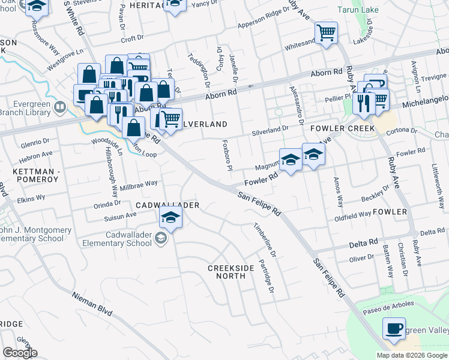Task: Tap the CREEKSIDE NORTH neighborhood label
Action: point(227,272)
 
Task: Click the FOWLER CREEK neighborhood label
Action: point(343,129)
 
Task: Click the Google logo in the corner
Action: point(20,353)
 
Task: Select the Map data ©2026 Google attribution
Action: point(412,355)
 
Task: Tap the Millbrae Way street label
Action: point(139,182)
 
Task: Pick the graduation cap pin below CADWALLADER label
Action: point(170,218)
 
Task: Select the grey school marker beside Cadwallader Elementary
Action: point(161,239)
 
